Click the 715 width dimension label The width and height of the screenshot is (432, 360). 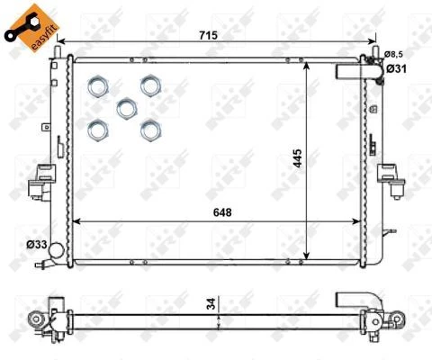click(208, 35)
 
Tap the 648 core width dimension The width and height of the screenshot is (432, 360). click(222, 212)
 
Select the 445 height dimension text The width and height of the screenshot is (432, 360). click(298, 158)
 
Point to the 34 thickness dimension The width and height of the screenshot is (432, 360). click(211, 303)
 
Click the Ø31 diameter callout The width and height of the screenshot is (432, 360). click(396, 69)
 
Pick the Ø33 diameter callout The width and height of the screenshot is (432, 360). click(37, 245)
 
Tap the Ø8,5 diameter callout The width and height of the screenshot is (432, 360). click(393, 54)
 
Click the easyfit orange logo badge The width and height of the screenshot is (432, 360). click(31, 28)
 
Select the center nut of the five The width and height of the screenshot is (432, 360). click(127, 108)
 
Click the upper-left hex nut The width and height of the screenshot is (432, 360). click(98, 86)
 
